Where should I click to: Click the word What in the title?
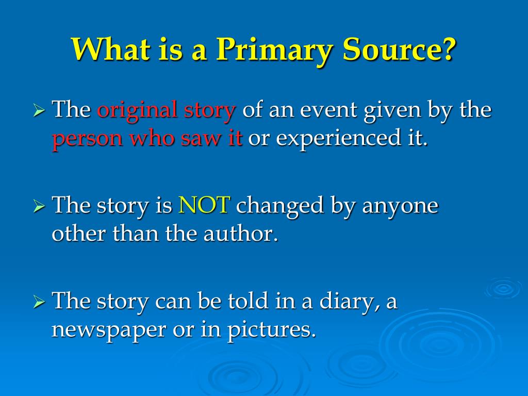coord(106,50)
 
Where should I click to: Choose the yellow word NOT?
coord(204,206)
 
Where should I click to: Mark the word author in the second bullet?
coord(245,235)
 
